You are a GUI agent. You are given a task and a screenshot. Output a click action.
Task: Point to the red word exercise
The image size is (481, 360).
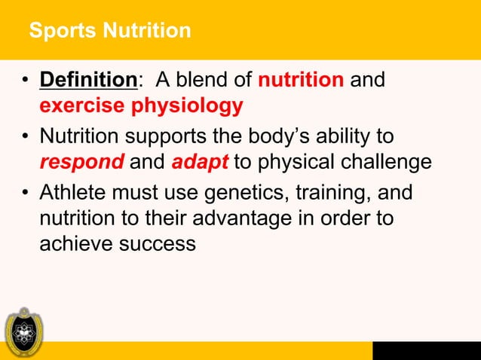tap(82, 105)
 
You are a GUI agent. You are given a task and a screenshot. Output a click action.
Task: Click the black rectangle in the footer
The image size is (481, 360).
tap(426, 350)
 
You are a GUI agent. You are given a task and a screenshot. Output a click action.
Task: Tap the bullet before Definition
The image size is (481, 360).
tap(25, 80)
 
